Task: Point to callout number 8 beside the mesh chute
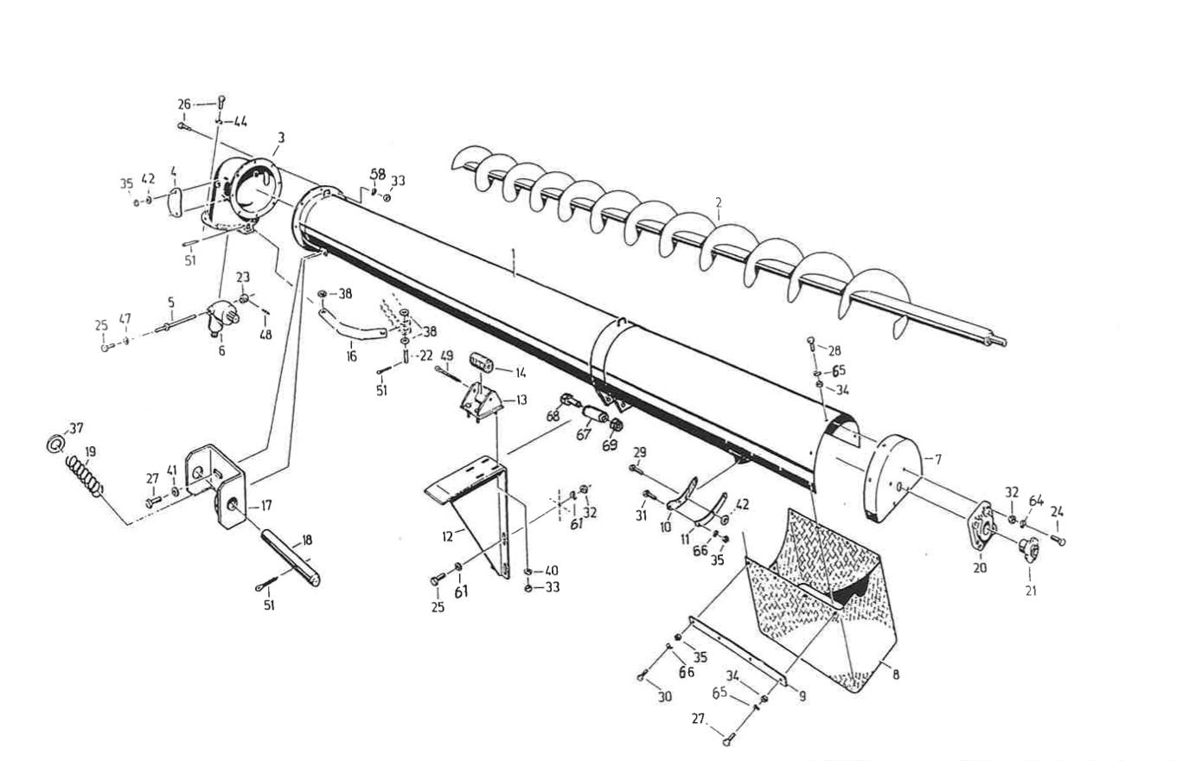pyautogui.click(x=895, y=673)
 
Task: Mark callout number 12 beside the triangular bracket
pyautogui.click(x=447, y=536)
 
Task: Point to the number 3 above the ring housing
pyautogui.click(x=281, y=137)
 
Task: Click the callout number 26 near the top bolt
pyautogui.click(x=184, y=104)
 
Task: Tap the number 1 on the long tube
pyautogui.click(x=514, y=255)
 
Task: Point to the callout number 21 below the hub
pyautogui.click(x=1031, y=591)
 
